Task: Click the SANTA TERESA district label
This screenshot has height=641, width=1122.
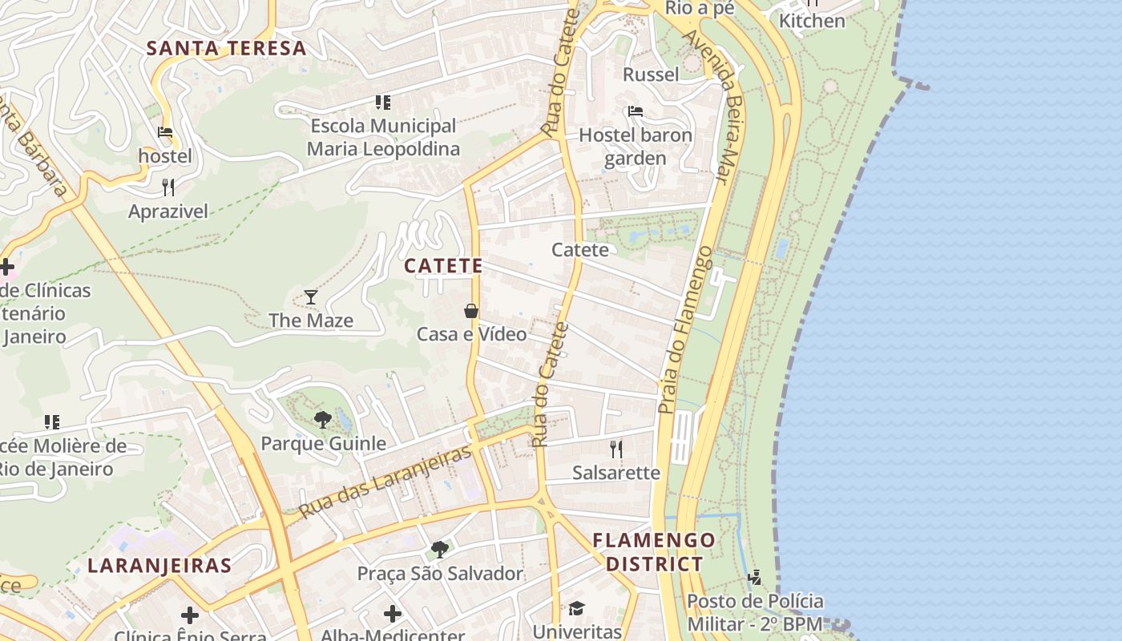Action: (x=226, y=48)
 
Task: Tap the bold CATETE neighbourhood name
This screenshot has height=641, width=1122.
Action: (x=443, y=266)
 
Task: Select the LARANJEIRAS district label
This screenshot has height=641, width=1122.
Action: (x=159, y=566)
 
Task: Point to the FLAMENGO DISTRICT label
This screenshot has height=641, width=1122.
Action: (x=654, y=552)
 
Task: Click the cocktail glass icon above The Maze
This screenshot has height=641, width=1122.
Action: (x=311, y=297)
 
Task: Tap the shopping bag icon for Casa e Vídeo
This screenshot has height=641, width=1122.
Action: (x=471, y=311)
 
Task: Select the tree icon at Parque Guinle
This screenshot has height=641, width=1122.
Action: (x=323, y=419)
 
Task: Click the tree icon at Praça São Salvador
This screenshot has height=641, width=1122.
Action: (x=439, y=549)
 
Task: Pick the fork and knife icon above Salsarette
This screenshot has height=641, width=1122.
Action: (x=616, y=449)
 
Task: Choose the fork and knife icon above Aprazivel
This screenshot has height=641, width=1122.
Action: (x=168, y=187)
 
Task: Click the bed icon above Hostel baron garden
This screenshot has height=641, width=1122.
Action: (x=636, y=111)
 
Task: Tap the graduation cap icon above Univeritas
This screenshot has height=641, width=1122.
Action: (x=577, y=608)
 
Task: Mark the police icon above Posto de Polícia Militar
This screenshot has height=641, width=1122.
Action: (x=754, y=577)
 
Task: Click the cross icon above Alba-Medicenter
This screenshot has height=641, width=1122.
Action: (x=393, y=615)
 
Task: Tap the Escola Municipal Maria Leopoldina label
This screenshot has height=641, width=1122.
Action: (x=383, y=137)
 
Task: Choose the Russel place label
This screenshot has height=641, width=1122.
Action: (x=651, y=75)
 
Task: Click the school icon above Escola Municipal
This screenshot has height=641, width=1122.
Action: (x=383, y=103)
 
